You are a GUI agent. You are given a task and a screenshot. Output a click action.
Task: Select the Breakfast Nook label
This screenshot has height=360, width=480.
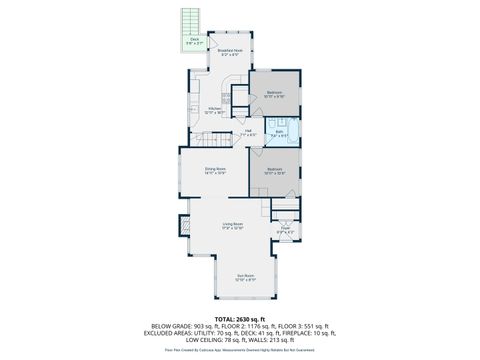[x=229, y=52]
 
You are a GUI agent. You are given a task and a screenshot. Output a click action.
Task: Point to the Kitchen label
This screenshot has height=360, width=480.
[x=215, y=110]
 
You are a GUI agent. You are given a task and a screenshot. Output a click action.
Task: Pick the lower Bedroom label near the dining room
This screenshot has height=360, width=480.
[x=275, y=171]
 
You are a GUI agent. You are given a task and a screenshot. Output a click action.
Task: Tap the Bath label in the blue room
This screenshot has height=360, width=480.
[x=281, y=132]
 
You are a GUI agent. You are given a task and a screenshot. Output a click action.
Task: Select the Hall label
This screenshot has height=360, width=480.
[x=249, y=132]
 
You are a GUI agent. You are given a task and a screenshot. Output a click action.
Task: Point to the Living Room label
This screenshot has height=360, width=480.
[x=233, y=226]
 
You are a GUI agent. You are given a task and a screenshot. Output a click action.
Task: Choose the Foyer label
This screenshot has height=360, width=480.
[x=285, y=229]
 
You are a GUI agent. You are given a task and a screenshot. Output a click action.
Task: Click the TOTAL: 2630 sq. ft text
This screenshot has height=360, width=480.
[x=239, y=317]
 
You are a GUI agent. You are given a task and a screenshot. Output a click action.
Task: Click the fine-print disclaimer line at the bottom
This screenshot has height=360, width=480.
[x=239, y=350]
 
